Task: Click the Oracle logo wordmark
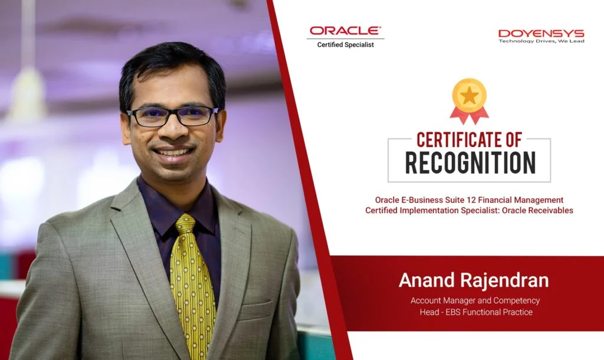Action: pos(346,31)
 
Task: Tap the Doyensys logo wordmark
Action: pos(541,34)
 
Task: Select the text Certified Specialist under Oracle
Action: pos(346,45)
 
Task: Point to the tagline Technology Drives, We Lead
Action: pos(541,41)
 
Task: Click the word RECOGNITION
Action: pos(470,163)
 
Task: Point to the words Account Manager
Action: pos(443,300)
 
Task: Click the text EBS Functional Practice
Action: pos(489,312)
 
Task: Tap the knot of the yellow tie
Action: pos(186,224)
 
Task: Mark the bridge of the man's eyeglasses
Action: pos(171,112)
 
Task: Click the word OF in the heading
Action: pos(513,140)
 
